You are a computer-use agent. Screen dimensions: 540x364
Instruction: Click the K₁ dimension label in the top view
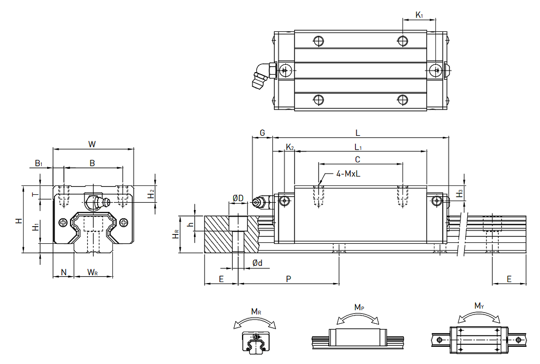[x=419, y=15]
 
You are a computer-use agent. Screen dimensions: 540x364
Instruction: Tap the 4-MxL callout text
[x=348, y=174]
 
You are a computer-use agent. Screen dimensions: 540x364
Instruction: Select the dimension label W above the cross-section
[x=92, y=144]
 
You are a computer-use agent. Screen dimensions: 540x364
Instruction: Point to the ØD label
[x=238, y=198]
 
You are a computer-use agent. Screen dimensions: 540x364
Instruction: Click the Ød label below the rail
[x=257, y=263]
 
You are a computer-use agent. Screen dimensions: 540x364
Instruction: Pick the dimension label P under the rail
[x=289, y=279]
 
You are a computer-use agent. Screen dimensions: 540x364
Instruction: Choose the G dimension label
[x=263, y=133]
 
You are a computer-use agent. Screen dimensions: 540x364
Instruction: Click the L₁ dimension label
[x=358, y=147]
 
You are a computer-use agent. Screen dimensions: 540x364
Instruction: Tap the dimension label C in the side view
[x=357, y=159]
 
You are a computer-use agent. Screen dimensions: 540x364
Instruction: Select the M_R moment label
[x=256, y=312]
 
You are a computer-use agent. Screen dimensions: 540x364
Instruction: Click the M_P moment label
[x=359, y=307]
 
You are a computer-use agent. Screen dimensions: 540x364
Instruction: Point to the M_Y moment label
[x=479, y=306]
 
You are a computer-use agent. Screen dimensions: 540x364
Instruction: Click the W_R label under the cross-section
[x=92, y=272]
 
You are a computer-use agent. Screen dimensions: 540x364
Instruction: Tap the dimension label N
[x=64, y=272]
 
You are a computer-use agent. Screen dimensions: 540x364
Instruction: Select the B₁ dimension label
[x=39, y=163]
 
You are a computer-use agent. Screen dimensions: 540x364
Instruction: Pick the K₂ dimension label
[x=290, y=147]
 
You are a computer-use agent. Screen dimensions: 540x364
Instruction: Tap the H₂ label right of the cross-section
[x=151, y=194]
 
